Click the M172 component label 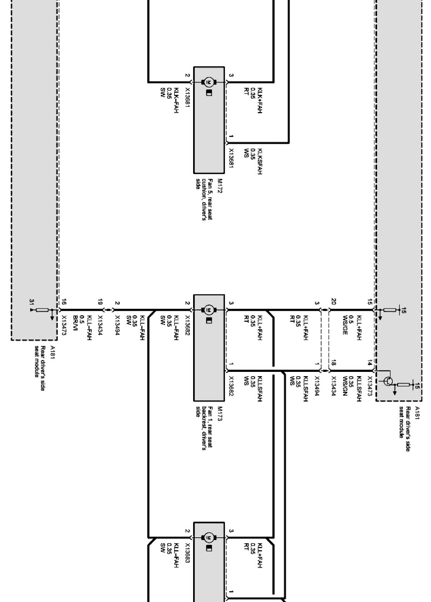pos(220,186)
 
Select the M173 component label pos(220,413)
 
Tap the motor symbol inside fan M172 pos(209,82)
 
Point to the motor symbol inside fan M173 pos(209,310)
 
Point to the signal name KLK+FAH pos(259,100)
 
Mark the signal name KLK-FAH pos(176,100)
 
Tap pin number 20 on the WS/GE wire pos(334,301)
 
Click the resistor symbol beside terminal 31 pos(42,310)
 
